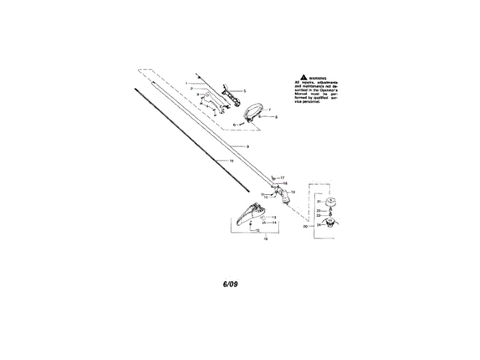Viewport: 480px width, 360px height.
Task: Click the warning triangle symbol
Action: click(x=302, y=77)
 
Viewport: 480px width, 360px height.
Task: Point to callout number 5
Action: click(x=244, y=90)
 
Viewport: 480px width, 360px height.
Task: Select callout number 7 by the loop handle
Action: click(x=269, y=109)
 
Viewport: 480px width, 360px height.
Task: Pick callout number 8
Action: click(x=276, y=118)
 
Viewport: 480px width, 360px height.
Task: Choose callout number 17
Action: click(x=283, y=177)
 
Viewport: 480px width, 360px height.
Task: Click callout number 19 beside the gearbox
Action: click(x=292, y=192)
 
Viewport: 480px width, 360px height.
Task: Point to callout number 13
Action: click(x=273, y=217)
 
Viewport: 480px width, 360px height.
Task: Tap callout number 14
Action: click(x=274, y=223)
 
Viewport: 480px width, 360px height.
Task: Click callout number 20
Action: click(x=305, y=225)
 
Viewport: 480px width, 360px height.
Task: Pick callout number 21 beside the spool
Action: click(x=318, y=202)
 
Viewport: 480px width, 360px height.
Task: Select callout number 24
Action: click(x=318, y=223)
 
